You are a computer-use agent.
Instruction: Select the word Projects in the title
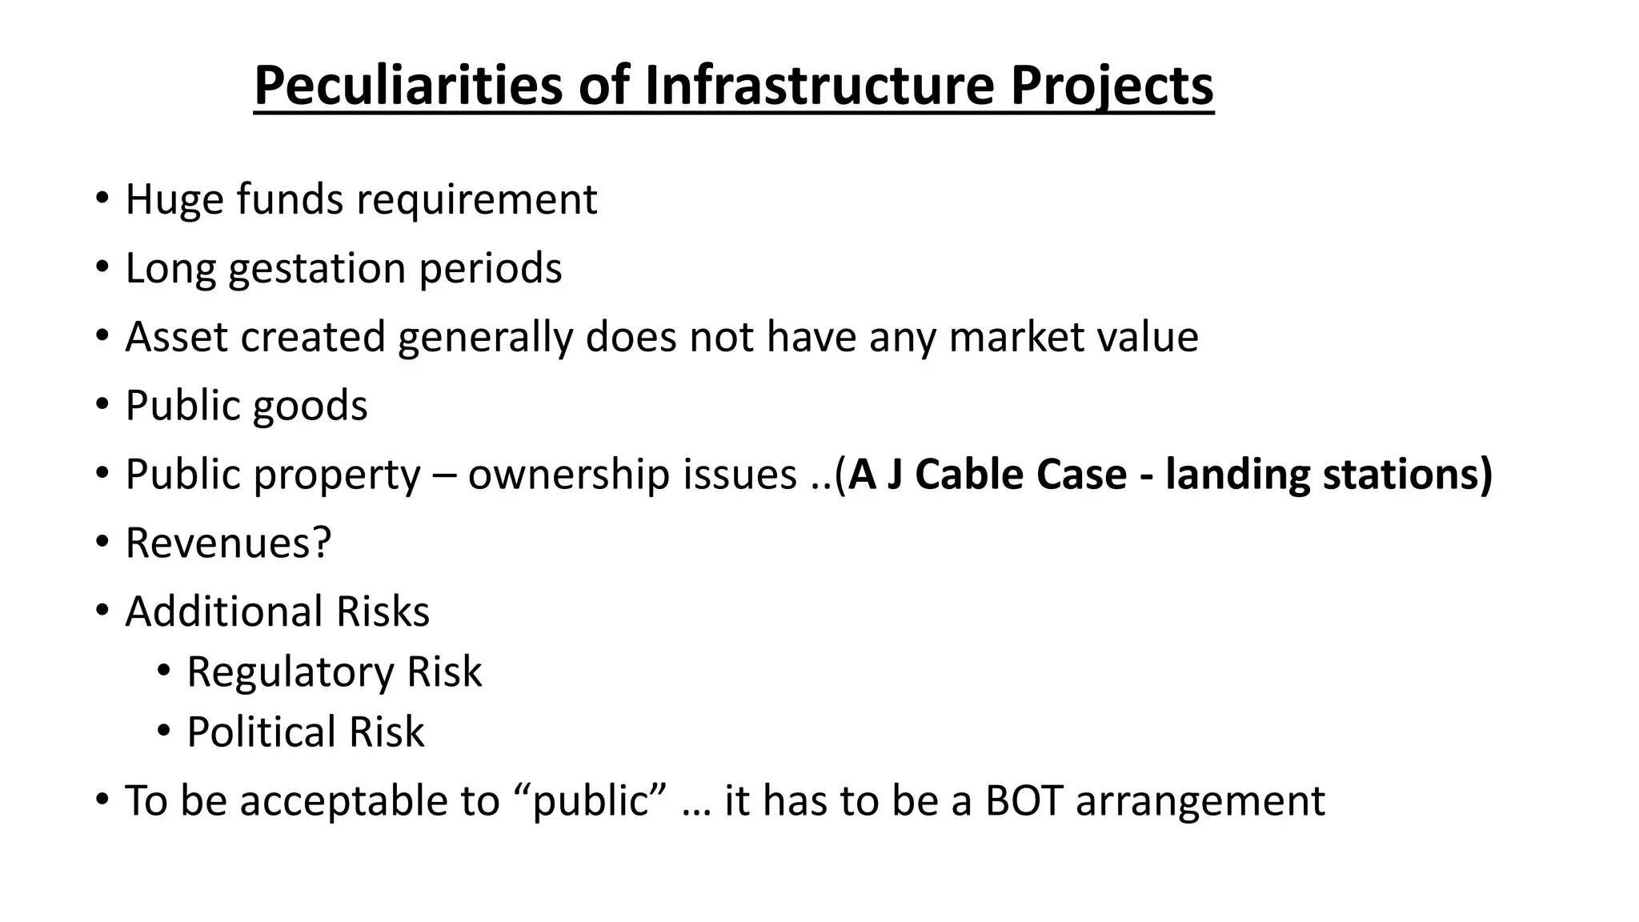(x=1112, y=86)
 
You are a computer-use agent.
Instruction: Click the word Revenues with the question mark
(x=228, y=543)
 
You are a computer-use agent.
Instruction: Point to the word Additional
(x=224, y=612)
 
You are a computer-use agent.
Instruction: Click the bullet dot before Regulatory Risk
(x=163, y=671)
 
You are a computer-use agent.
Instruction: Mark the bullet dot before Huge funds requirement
(x=101, y=198)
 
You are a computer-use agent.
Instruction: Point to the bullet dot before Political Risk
(x=163, y=731)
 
